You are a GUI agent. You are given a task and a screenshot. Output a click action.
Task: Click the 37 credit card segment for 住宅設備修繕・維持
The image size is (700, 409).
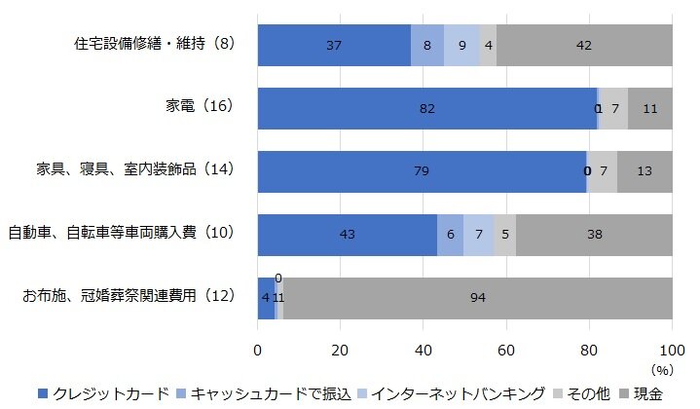[334, 45]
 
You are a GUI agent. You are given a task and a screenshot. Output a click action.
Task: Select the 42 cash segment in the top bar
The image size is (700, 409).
[584, 45]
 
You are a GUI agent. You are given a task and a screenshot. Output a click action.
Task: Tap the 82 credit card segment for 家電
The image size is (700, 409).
[426, 108]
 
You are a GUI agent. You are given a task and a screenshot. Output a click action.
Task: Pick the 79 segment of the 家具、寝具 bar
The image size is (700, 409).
[421, 171]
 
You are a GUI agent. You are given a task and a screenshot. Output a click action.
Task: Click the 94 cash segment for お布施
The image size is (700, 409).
[477, 297]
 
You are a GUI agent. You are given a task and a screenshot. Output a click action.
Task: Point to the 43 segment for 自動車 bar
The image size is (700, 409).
[347, 235]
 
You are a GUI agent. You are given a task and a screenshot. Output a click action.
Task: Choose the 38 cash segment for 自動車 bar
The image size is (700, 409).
[594, 235]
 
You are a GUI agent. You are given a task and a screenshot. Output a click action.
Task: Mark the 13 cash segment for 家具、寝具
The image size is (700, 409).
[645, 171]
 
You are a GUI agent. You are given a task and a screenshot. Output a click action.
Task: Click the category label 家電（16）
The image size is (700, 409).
[201, 108]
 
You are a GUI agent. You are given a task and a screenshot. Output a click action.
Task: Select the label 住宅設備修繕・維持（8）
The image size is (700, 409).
[155, 45]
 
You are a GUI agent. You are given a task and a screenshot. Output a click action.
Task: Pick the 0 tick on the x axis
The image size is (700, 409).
[258, 350]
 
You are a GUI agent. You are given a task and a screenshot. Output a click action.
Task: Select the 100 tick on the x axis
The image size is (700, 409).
[672, 350]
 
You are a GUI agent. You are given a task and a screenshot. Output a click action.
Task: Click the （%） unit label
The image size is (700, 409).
[662, 370]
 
